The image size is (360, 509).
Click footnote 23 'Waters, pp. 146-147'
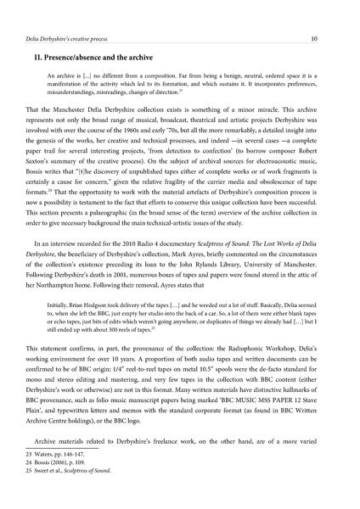pos(73,478)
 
